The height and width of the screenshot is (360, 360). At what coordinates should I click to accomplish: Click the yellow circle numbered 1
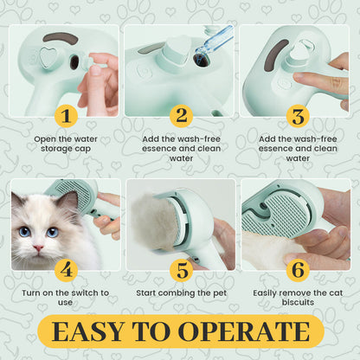(x=66, y=116)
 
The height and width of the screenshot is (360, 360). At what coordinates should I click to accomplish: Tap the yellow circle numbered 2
(x=180, y=116)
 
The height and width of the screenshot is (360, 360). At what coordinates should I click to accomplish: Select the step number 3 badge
(x=295, y=116)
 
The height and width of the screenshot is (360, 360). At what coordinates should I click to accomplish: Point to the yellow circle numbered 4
(x=66, y=270)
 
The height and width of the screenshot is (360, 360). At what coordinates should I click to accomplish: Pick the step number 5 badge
(x=180, y=270)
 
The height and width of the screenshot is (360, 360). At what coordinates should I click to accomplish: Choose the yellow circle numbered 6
(x=295, y=270)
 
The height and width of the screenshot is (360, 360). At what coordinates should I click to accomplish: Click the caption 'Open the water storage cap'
(x=65, y=143)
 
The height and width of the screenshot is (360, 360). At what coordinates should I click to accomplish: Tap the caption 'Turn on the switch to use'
(x=65, y=298)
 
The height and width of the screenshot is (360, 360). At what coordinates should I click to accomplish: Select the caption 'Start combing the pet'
(x=180, y=293)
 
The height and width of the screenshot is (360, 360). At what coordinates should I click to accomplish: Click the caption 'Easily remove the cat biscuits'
(x=295, y=298)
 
